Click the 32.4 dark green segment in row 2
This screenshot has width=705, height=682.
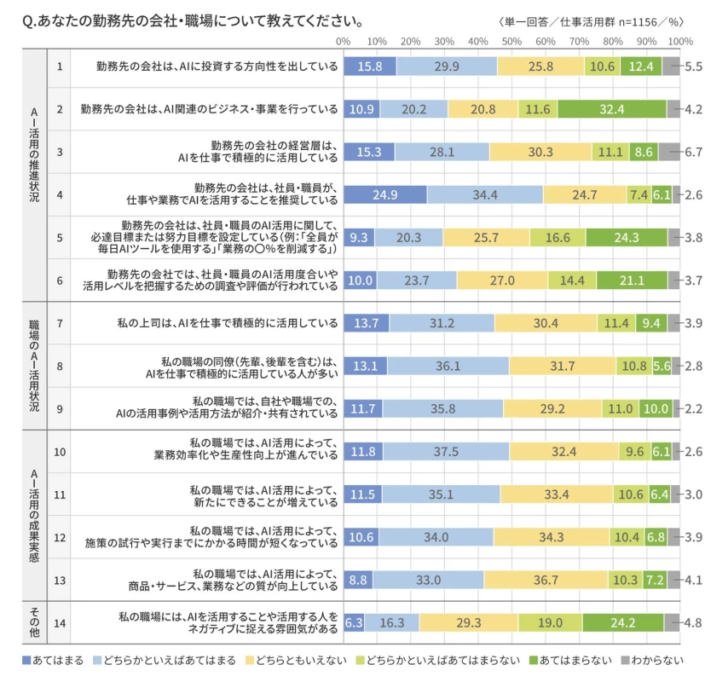612,109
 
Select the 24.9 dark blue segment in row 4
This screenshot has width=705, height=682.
385,194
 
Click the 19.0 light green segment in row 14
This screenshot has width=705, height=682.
550,623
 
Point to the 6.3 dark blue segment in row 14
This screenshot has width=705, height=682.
354,623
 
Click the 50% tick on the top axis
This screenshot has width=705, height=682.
511,40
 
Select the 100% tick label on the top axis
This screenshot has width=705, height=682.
679,40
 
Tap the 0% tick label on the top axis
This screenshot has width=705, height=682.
344,40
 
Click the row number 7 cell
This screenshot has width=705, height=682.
59,323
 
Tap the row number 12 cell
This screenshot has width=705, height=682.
59,537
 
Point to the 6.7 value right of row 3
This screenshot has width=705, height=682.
693,152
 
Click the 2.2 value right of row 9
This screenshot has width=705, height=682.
693,409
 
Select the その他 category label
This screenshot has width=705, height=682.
34,623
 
